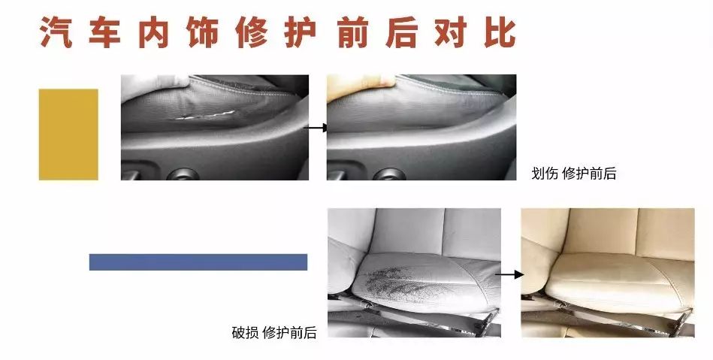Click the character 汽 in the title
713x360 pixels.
[56, 32]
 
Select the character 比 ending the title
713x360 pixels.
[500, 32]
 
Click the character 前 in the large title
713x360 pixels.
[353, 32]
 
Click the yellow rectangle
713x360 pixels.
[68, 135]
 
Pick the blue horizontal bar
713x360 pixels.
[198, 262]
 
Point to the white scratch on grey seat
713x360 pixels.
[204, 116]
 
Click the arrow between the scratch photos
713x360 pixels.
[316, 128]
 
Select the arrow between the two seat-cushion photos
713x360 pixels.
[509, 274]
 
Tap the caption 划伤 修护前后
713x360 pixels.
[574, 174]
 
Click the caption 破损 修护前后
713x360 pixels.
[274, 333]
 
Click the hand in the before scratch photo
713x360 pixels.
[153, 83]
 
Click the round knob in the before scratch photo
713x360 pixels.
[183, 174]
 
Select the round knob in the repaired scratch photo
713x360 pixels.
[389, 174]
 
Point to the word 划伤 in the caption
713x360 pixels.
[545, 174]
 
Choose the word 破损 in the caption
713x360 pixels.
[245, 333]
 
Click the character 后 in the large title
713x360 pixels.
[402, 32]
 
